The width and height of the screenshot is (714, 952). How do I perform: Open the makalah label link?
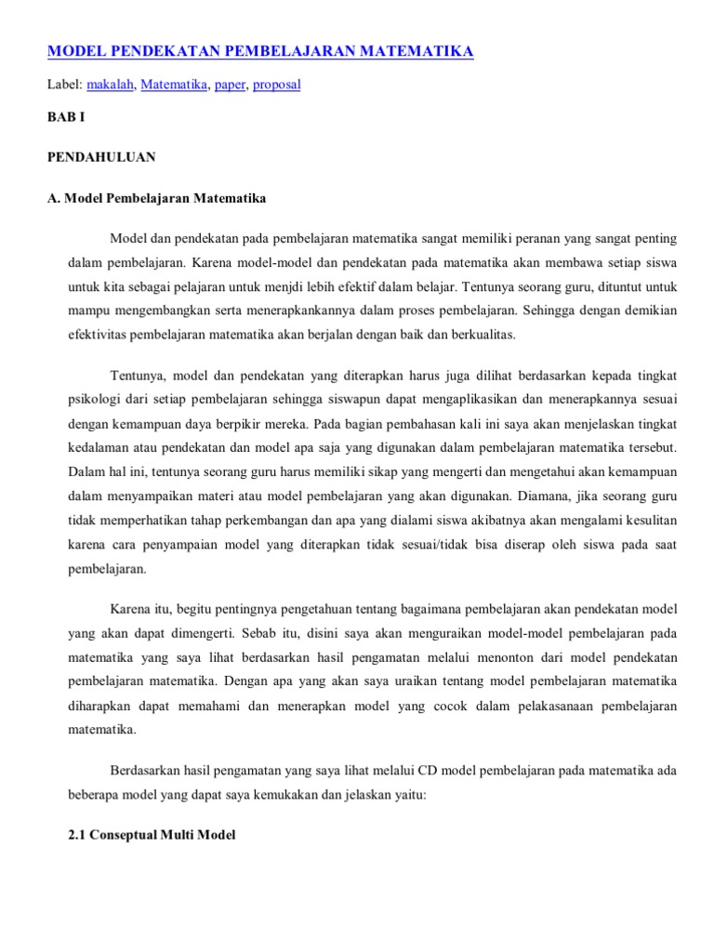click(x=110, y=85)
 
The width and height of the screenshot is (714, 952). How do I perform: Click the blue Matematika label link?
click(x=174, y=85)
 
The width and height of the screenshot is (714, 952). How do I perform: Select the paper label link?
click(x=230, y=85)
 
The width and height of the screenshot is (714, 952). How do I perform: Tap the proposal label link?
click(x=276, y=85)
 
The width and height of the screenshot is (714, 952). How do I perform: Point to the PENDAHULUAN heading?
click(x=101, y=157)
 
